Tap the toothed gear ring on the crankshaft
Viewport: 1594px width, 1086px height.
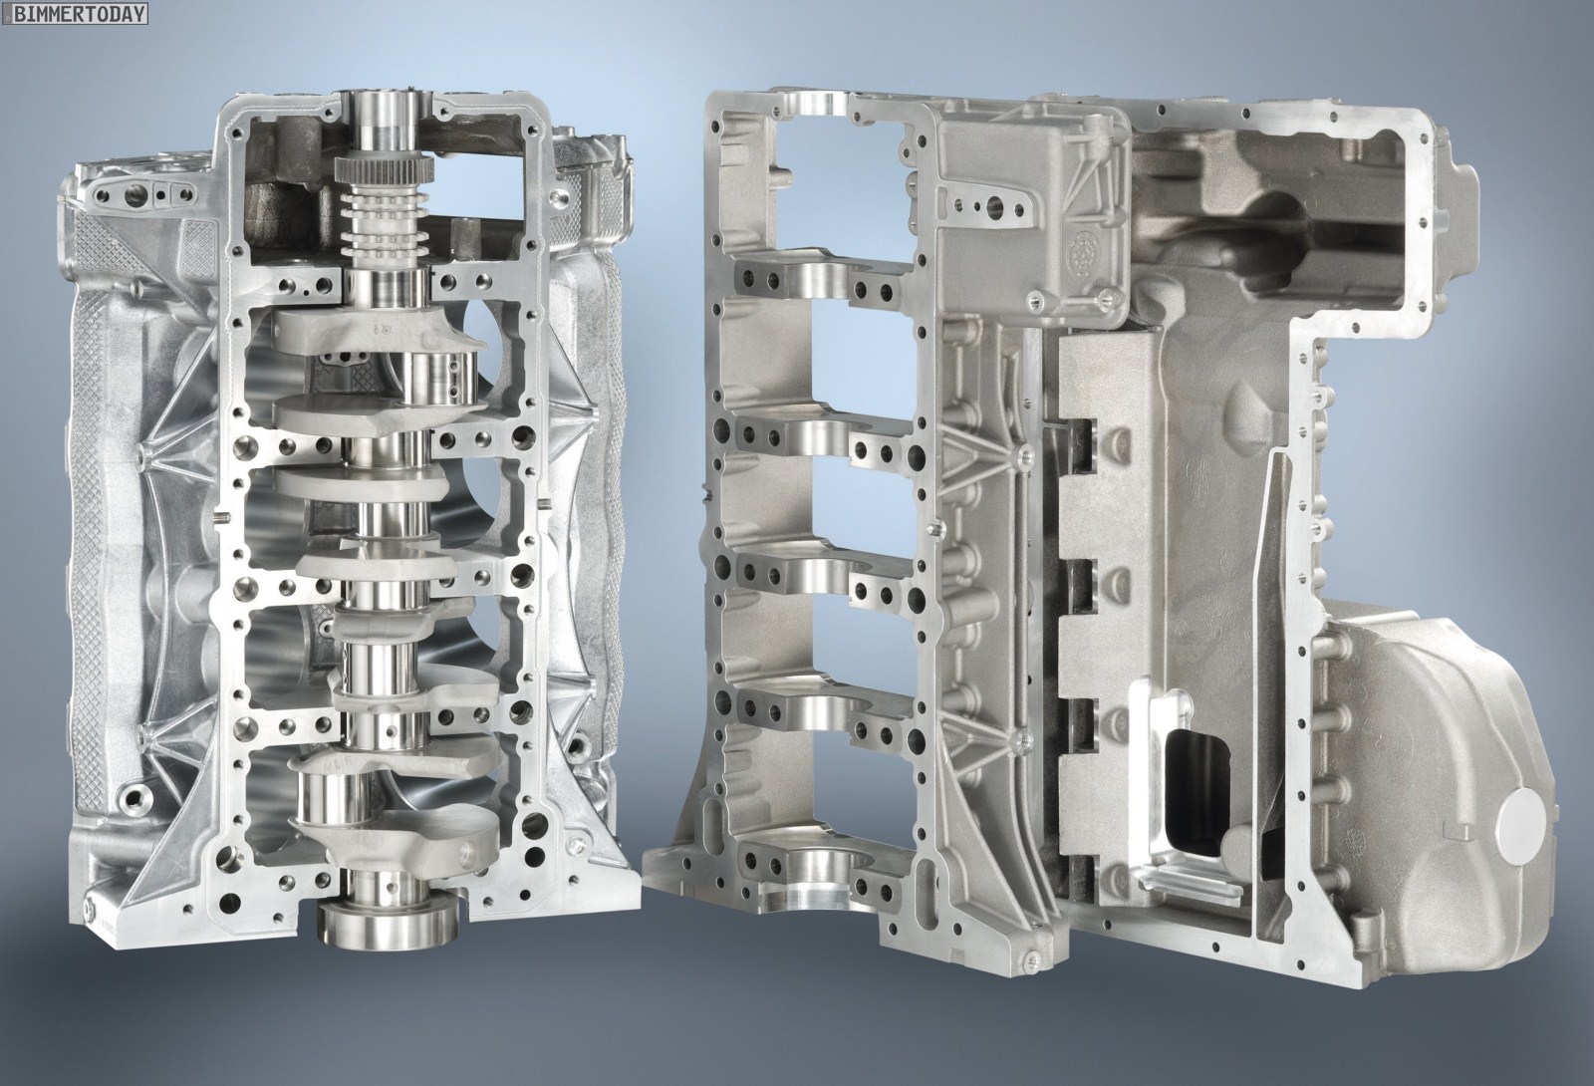[x=382, y=170]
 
